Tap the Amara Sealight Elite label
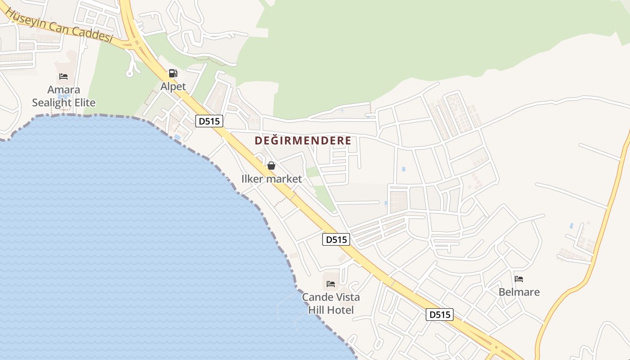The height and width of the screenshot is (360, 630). [x=64, y=96]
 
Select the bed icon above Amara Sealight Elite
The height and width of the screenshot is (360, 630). [x=63, y=76]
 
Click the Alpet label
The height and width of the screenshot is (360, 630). [x=173, y=86]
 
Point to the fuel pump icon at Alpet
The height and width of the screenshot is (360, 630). [x=173, y=73]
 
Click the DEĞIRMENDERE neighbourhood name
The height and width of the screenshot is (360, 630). [x=303, y=141]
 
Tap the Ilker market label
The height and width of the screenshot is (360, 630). [x=271, y=179]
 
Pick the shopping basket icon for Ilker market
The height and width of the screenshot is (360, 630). [x=271, y=166]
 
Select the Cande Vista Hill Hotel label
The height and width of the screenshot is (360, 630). [x=331, y=304]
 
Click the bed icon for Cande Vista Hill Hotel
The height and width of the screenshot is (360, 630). [x=331, y=284]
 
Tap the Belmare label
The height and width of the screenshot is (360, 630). [x=519, y=292]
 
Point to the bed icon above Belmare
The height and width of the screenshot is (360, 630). [x=519, y=279]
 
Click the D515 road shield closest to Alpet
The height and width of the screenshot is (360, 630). [x=209, y=121]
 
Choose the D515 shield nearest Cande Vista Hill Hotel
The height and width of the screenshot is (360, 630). [x=336, y=240]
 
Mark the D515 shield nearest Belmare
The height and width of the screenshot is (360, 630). [x=440, y=315]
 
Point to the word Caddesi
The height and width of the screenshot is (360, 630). [x=94, y=32]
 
